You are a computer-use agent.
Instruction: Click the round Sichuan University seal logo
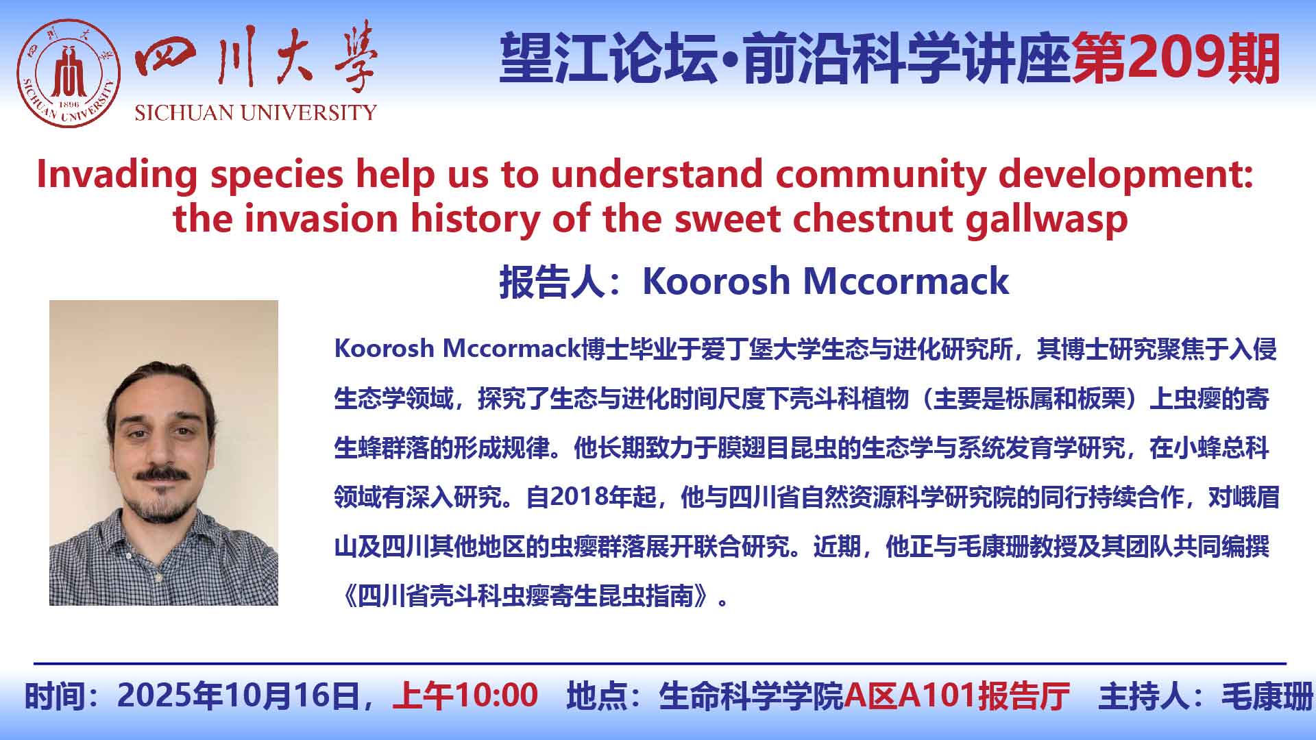click(x=69, y=73)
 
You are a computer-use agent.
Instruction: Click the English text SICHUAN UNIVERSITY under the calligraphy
click(x=256, y=112)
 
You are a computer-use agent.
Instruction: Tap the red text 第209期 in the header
click(x=1176, y=59)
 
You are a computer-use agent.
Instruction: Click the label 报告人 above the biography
click(x=551, y=282)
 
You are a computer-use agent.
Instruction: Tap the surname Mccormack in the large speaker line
click(x=905, y=281)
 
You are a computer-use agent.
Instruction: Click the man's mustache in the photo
click(x=162, y=473)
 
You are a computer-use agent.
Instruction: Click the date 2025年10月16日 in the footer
click(x=239, y=695)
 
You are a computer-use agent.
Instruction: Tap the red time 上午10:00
click(x=465, y=695)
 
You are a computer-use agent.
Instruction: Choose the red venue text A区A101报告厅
click(x=957, y=695)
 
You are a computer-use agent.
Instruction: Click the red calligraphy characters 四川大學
click(x=256, y=58)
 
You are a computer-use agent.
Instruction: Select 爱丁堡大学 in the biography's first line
click(x=760, y=349)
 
